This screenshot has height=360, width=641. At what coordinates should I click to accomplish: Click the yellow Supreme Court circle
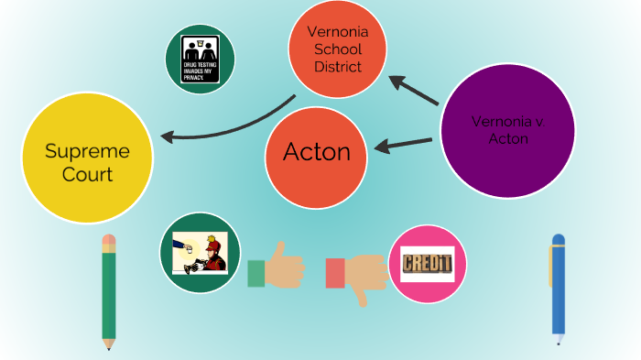[x=87, y=162]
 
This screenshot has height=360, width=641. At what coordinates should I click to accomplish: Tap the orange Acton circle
[x=316, y=152]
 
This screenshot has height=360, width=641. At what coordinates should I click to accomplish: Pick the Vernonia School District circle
[x=336, y=50]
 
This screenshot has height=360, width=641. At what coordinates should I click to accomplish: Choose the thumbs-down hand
[x=362, y=273]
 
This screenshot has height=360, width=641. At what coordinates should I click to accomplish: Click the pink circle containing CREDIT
[x=428, y=264]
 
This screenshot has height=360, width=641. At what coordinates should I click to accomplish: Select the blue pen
[x=558, y=289]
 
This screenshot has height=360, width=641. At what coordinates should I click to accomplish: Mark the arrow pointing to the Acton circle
[x=403, y=144]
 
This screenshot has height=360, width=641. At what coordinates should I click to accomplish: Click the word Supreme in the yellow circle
[x=87, y=151]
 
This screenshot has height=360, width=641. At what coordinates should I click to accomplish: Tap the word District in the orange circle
[x=336, y=67]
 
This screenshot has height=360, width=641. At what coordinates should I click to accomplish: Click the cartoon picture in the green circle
[x=199, y=254]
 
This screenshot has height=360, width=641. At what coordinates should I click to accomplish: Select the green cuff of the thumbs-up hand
[x=255, y=273]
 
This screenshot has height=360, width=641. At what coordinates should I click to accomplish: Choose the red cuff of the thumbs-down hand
[x=335, y=273]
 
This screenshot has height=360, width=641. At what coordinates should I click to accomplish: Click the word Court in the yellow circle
[x=87, y=174]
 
